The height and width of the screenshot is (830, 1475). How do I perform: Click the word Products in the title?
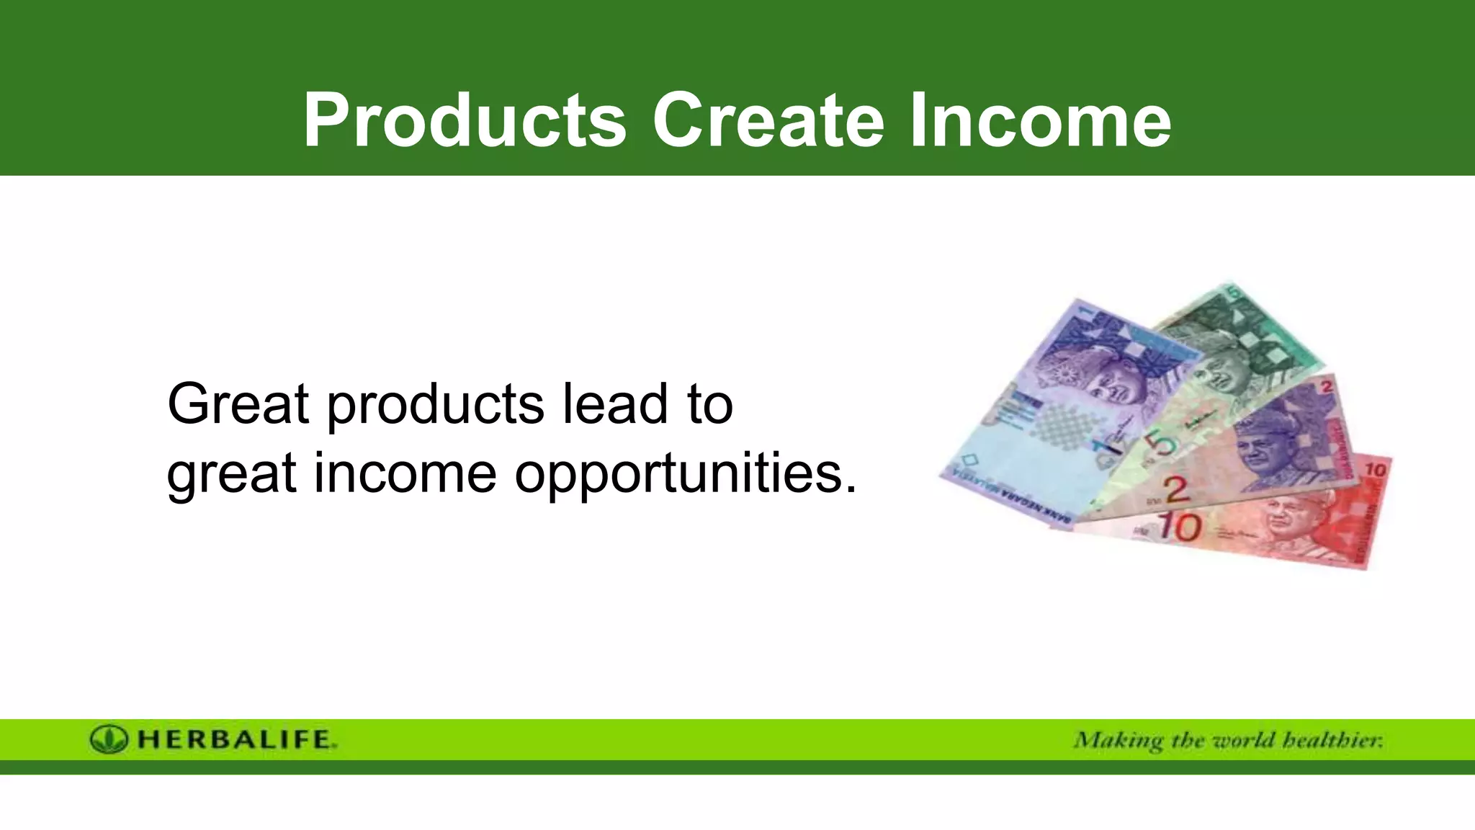click(465, 120)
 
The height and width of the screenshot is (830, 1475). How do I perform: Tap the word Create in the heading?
click(768, 120)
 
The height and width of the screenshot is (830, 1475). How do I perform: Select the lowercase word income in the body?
click(405, 474)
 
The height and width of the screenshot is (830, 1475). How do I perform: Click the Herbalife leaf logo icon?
click(109, 739)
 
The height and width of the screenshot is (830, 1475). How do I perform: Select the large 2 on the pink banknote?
click(1175, 491)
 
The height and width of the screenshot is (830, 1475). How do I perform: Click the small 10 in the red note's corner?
click(1375, 470)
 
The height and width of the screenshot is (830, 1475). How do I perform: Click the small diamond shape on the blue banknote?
click(970, 459)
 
